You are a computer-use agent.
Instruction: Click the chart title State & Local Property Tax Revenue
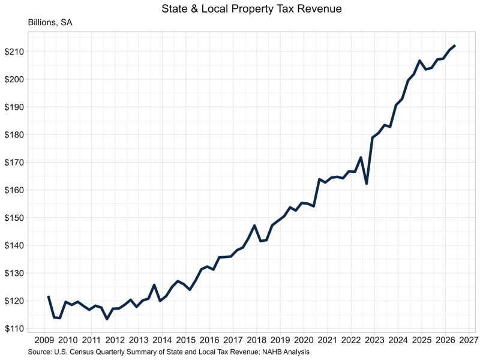(x=251, y=8)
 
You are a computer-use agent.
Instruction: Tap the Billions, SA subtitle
(x=50, y=23)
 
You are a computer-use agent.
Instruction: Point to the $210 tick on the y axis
(x=14, y=52)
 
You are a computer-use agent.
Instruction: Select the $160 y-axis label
(x=14, y=190)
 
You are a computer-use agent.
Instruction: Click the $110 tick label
(x=14, y=328)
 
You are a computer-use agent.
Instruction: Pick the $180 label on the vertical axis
(x=14, y=134)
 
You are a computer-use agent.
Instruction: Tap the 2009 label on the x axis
(x=44, y=340)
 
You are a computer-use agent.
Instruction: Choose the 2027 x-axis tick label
(x=469, y=340)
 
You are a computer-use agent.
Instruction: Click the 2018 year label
(x=257, y=340)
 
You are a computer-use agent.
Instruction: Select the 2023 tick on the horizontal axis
(x=374, y=340)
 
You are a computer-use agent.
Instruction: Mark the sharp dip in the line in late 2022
(x=367, y=184)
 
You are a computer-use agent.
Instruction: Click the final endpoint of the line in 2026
(x=455, y=46)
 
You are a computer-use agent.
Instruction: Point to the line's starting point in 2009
(x=49, y=296)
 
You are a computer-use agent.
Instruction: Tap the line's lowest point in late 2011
(x=107, y=319)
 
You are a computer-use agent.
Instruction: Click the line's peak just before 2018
(x=254, y=226)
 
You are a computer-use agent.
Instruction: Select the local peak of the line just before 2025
(x=419, y=61)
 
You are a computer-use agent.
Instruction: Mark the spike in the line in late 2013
(x=154, y=285)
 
